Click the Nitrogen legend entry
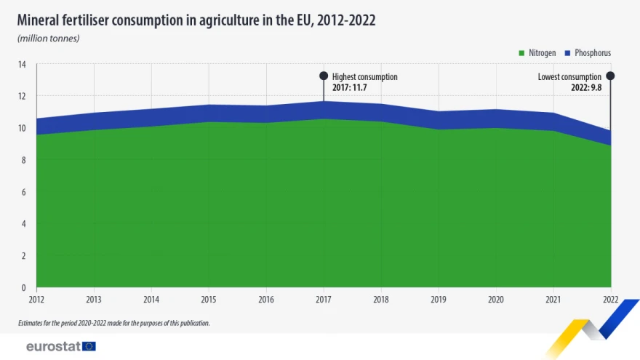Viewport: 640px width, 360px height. (x=537, y=53)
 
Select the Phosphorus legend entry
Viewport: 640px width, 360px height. (x=588, y=53)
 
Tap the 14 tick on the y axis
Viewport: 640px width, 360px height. (x=22, y=65)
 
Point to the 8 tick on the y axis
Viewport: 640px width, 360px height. (x=24, y=160)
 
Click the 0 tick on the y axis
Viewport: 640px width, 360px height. (x=24, y=288)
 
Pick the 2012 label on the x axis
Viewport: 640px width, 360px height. (x=36, y=300)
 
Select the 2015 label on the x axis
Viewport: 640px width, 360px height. (x=209, y=300)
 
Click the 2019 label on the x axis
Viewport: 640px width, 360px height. (x=439, y=300)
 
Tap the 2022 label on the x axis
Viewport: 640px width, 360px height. (x=611, y=300)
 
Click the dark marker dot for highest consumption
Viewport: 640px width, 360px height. (x=324, y=76)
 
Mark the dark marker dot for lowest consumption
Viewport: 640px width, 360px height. (x=610, y=76)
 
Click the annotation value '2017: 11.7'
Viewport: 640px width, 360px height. (x=349, y=88)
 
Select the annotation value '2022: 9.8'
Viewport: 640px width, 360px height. (x=586, y=88)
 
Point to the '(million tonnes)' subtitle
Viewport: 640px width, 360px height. (x=49, y=39)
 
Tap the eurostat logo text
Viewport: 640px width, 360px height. (x=54, y=346)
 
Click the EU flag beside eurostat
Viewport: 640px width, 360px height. (x=89, y=346)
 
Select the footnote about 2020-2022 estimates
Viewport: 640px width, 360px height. (x=114, y=323)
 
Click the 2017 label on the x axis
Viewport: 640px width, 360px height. (x=324, y=300)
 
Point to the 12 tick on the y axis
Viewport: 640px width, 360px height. (x=22, y=96)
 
